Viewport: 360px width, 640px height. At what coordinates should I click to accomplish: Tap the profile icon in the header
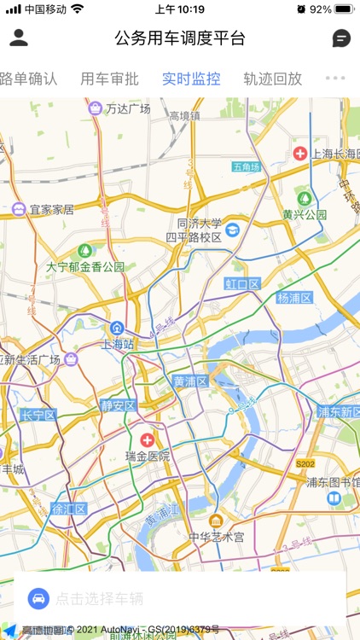(x=19, y=38)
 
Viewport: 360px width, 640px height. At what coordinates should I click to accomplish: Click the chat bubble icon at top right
(x=340, y=38)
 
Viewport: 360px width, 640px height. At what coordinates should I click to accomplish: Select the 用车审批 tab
(x=109, y=79)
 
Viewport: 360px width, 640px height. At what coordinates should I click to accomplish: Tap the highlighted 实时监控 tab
(x=191, y=79)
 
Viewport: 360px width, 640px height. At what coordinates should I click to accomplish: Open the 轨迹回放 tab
(x=272, y=79)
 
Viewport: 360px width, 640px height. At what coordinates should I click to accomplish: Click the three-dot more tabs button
(x=336, y=79)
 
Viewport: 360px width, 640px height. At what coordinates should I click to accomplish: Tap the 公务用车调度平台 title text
(x=180, y=38)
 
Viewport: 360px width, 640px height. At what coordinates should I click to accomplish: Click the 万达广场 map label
(x=128, y=109)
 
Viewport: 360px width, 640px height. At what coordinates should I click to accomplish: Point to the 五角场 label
(x=246, y=166)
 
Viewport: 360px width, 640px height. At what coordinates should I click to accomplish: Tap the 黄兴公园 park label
(x=305, y=214)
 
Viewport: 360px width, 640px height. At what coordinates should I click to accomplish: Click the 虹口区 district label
(x=242, y=283)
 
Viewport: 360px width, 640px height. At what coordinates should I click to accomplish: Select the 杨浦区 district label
(x=294, y=298)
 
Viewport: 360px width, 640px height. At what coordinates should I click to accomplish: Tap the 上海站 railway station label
(x=117, y=345)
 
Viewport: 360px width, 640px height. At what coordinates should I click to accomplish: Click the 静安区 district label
(x=118, y=405)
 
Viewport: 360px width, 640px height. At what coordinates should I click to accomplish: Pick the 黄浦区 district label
(x=190, y=381)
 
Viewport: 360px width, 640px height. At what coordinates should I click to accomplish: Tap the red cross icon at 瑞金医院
(x=148, y=440)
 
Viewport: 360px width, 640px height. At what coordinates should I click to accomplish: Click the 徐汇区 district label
(x=69, y=509)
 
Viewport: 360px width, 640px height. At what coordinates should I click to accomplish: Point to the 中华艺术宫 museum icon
(x=216, y=521)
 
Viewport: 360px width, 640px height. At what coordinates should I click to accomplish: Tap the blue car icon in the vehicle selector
(x=38, y=598)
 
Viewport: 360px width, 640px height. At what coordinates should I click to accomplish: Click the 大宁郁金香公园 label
(x=85, y=267)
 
